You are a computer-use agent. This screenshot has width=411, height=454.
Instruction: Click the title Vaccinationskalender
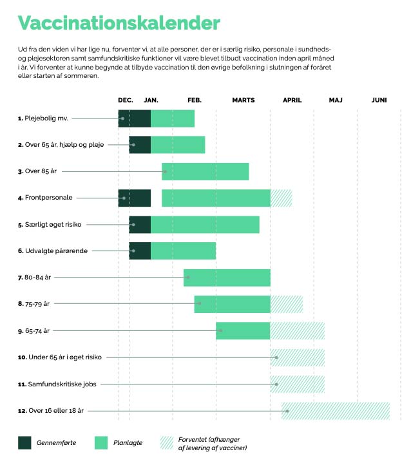(x=119, y=23)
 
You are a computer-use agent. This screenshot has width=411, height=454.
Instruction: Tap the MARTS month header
(x=244, y=100)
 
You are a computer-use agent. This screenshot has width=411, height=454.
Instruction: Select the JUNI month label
(x=379, y=100)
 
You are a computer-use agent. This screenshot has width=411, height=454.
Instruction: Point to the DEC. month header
(x=126, y=100)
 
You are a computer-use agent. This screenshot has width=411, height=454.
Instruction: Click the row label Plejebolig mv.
(x=43, y=118)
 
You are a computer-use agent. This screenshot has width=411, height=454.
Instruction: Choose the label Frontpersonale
(x=45, y=198)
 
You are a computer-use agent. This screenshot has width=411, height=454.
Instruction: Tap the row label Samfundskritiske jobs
(x=57, y=384)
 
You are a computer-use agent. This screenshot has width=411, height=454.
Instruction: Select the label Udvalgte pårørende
(x=53, y=251)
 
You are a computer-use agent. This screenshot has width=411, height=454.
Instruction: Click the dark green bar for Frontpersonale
(x=135, y=198)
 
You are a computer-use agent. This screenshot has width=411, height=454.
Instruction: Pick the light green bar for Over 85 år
(x=205, y=171)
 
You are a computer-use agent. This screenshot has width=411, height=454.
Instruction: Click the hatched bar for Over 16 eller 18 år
(x=336, y=411)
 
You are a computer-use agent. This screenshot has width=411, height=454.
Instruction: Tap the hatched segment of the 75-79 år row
(x=287, y=305)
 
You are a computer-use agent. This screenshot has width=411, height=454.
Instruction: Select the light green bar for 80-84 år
(x=227, y=278)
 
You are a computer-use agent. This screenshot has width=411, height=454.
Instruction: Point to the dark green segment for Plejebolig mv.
(x=135, y=118)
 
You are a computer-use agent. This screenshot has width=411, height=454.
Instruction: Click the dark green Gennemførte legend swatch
(x=24, y=442)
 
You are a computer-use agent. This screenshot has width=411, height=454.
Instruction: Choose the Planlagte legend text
(x=128, y=442)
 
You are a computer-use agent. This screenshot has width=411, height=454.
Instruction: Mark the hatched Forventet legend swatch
(x=167, y=442)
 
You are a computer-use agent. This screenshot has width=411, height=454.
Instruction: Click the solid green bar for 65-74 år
(x=243, y=330)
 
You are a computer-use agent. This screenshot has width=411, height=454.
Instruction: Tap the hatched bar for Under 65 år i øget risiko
(x=298, y=357)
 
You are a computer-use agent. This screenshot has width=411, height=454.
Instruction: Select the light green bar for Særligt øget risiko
(x=205, y=225)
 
